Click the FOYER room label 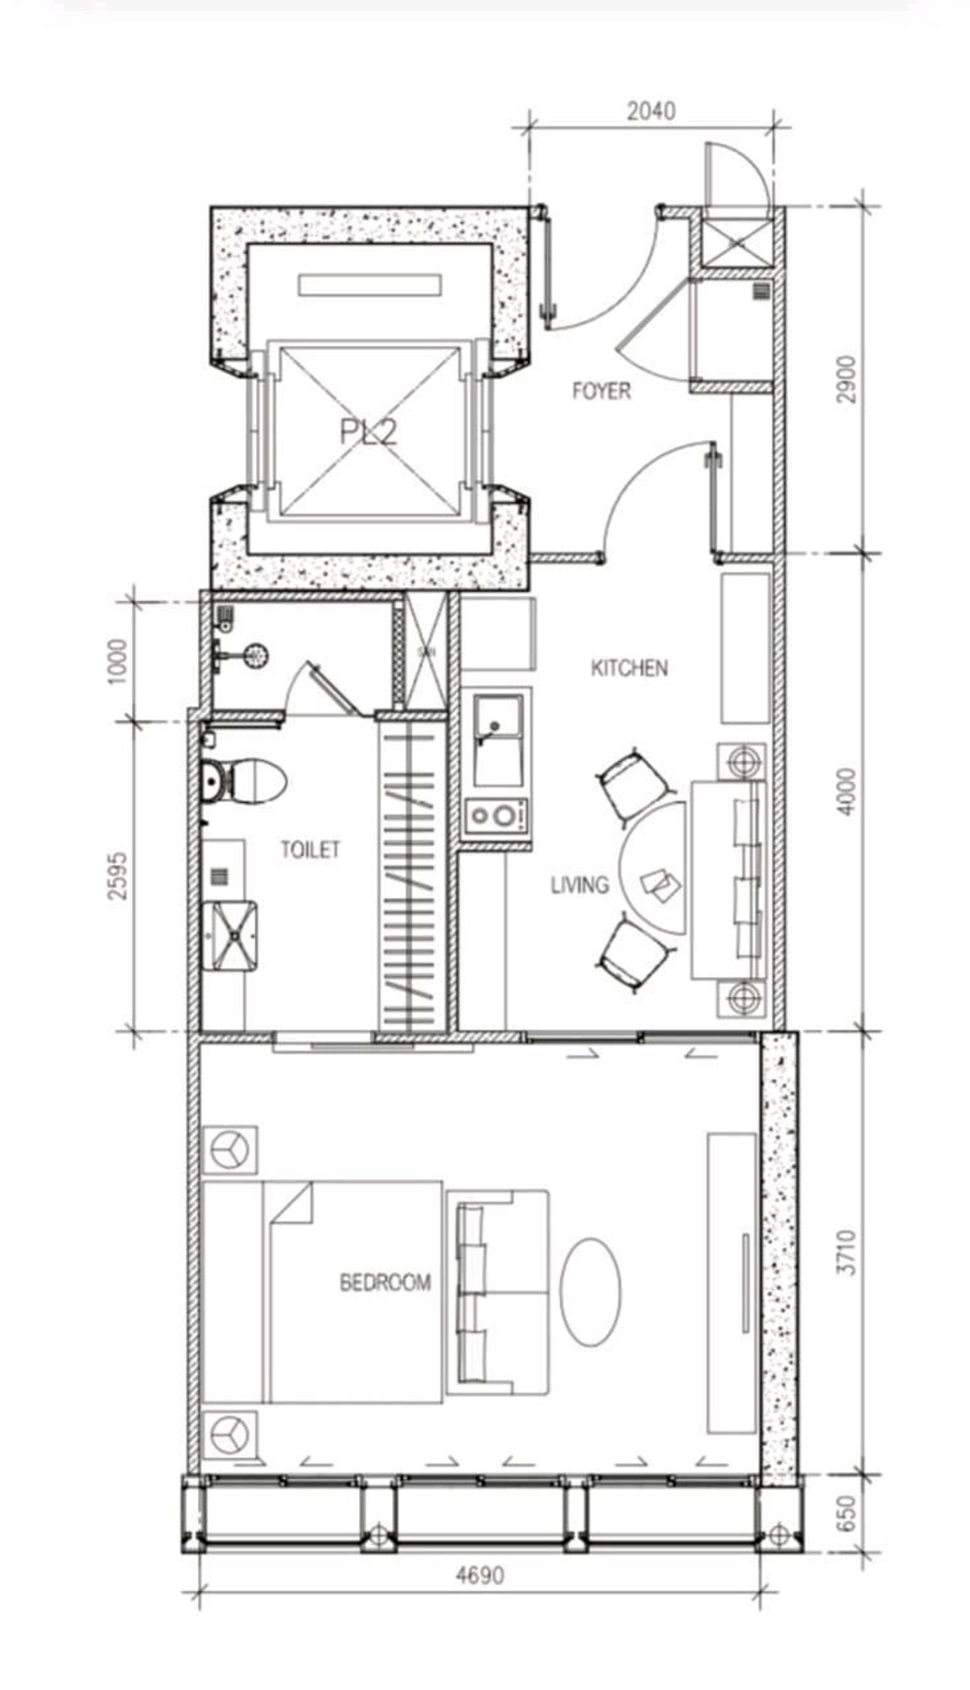(x=601, y=391)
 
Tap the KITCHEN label (x=630, y=668)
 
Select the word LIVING (x=580, y=885)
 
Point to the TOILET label (x=310, y=849)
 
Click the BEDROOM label (x=385, y=1282)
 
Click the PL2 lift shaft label (x=368, y=432)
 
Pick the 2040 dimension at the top (x=651, y=110)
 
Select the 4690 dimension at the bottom (x=479, y=1574)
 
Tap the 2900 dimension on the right (x=846, y=379)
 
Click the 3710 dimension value (x=846, y=1253)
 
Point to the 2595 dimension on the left (x=117, y=875)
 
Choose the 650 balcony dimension (x=846, y=1513)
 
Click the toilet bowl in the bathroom (x=243, y=781)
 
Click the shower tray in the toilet (x=230, y=936)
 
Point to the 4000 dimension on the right (x=846, y=792)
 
